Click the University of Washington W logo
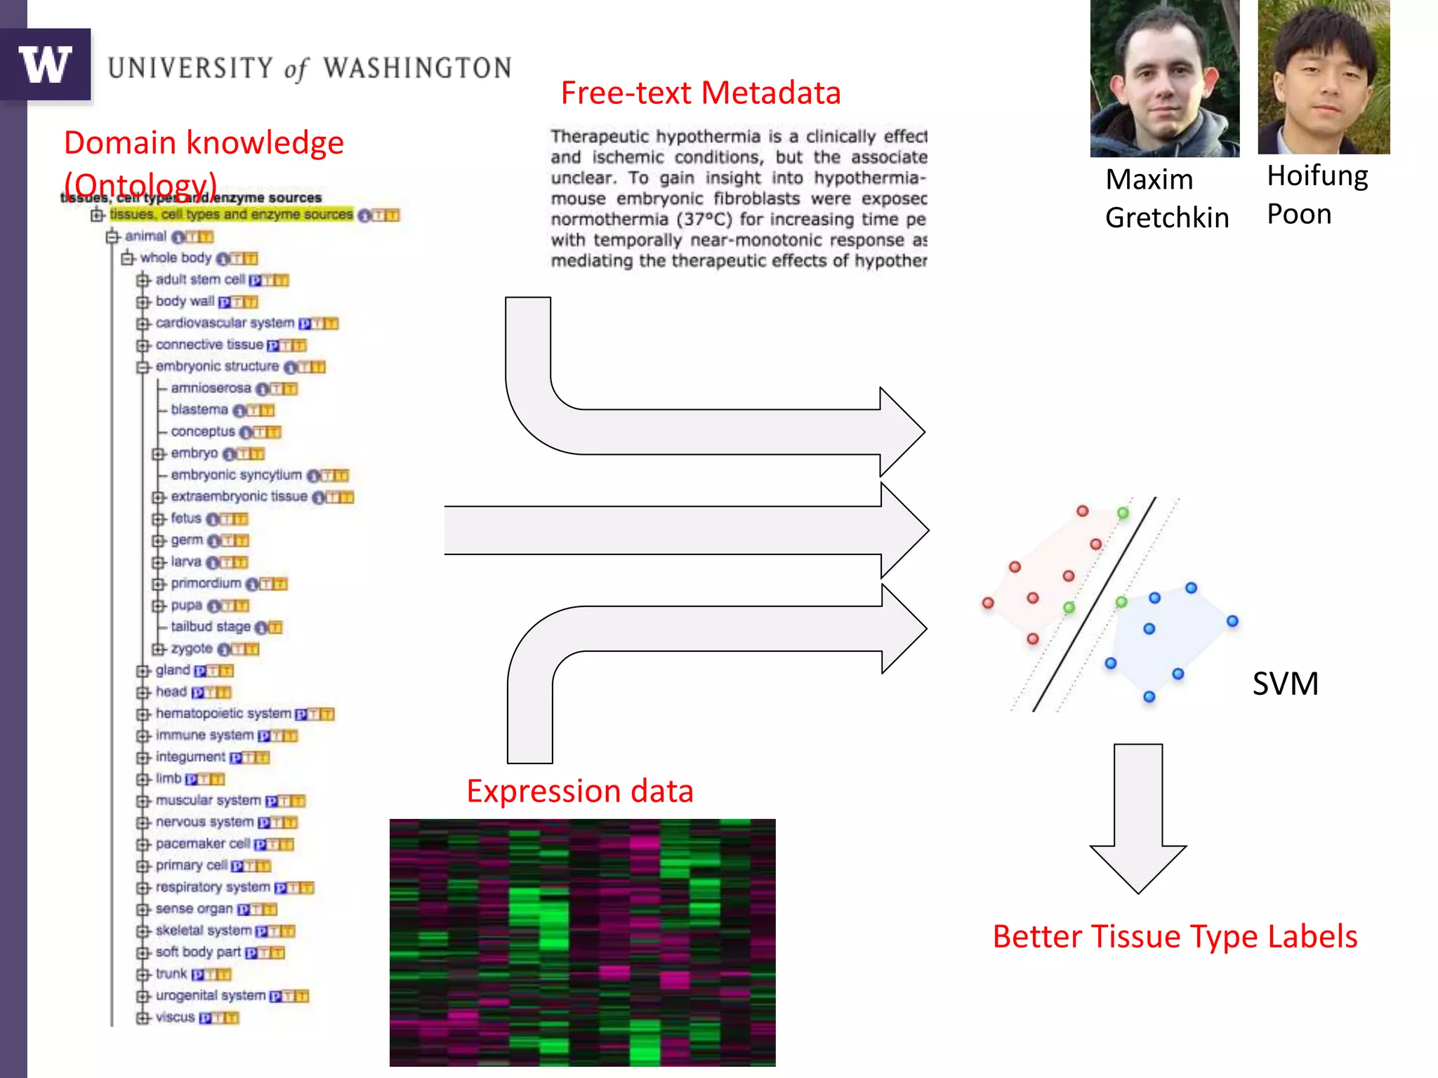46,65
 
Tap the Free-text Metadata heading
700,93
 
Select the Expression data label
580,791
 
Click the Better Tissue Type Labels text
1175,937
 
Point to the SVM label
1285,684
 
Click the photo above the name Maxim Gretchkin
1164,79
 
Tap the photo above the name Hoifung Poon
1324,77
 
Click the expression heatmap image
582,943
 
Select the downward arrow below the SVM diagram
1138,818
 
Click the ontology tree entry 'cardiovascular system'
225,323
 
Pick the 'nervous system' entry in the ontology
204,822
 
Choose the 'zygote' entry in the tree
192,648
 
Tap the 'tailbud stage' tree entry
211,627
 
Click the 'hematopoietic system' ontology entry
223,714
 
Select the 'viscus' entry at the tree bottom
175,1017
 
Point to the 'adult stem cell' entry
200,279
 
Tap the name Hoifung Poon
1317,194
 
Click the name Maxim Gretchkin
1166,199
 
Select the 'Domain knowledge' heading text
204,143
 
